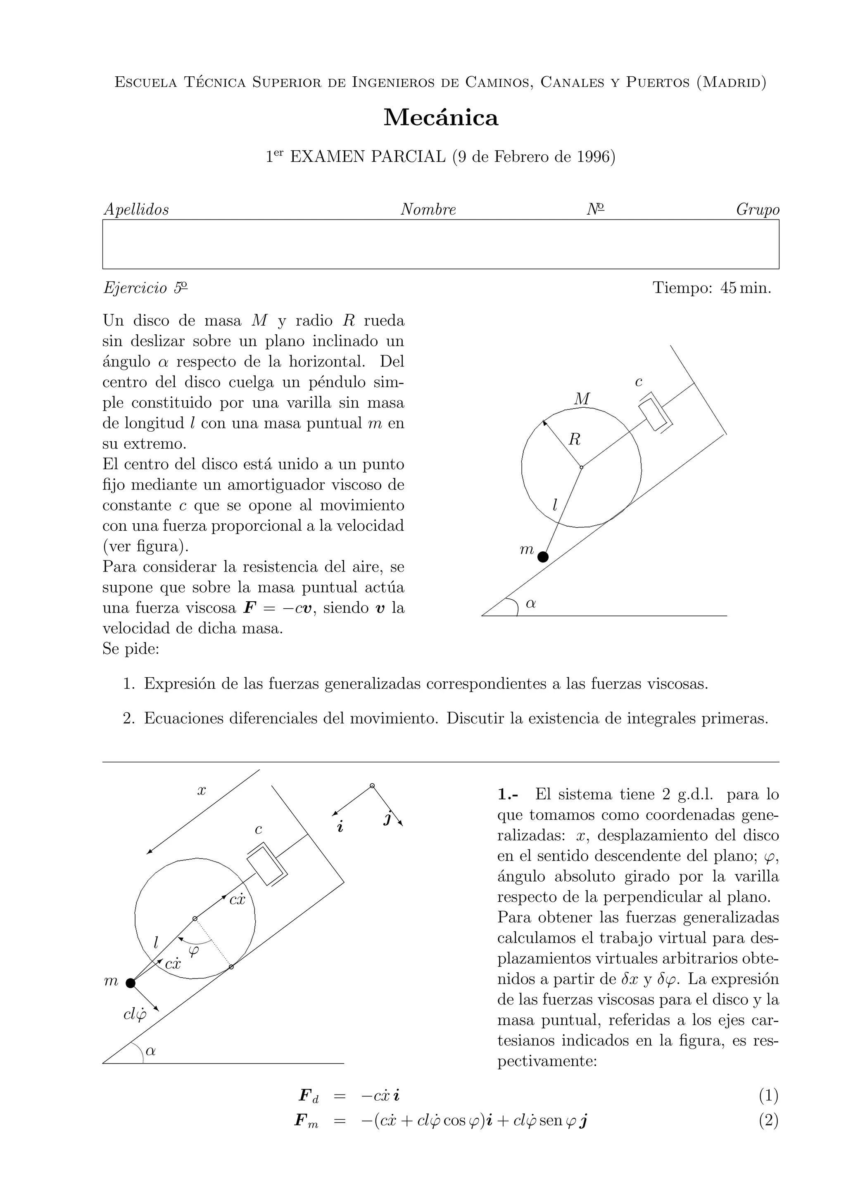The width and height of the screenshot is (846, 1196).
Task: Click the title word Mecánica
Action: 441,118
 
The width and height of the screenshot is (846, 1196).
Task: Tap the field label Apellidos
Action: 136,210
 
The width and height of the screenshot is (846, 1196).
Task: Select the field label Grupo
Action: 757,210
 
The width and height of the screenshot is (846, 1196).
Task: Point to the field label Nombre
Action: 428,210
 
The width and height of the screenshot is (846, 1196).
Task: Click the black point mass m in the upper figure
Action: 543,557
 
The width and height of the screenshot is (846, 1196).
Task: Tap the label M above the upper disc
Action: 582,399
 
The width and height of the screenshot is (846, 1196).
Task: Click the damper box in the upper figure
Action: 655,415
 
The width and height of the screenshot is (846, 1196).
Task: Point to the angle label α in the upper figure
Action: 531,604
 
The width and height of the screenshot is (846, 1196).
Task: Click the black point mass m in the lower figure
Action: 130,983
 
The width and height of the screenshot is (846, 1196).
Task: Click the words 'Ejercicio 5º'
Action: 145,288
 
